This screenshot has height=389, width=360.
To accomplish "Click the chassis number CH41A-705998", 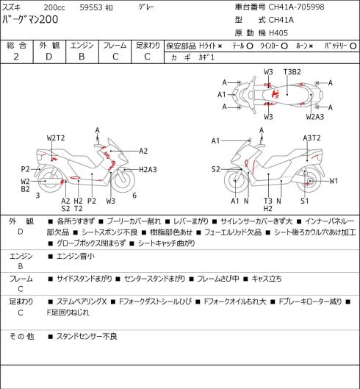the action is pyautogui.click(x=296, y=7).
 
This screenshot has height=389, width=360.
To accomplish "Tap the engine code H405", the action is pyautogui.click(x=278, y=33).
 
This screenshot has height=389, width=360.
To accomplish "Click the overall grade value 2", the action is pyautogui.click(x=16, y=57).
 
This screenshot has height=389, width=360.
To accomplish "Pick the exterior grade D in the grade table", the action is pyautogui.click(x=48, y=57).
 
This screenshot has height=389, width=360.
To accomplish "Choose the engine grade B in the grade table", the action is pyautogui.click(x=82, y=57).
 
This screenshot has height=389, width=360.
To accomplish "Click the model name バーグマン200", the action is pyautogui.click(x=30, y=20).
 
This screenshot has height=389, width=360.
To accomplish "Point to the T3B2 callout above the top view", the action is pyautogui.click(x=292, y=72).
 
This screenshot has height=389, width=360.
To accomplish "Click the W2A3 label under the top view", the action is pyautogui.click(x=315, y=117).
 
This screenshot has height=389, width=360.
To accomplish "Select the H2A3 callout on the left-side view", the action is pyautogui.click(x=148, y=170).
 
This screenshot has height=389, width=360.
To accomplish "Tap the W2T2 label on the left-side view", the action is pyautogui.click(x=56, y=138).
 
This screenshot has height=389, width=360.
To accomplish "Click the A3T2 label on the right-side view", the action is pyautogui.click(x=312, y=138).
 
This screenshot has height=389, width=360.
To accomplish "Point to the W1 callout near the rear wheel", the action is pyautogui.click(x=334, y=181).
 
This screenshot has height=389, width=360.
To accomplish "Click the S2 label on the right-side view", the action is pyautogui.click(x=216, y=169).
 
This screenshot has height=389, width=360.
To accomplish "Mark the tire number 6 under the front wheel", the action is pyautogui.click(x=134, y=196).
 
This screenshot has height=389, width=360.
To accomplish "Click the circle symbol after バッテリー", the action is pyautogui.click(x=353, y=46).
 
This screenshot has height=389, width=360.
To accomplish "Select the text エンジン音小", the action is pyautogui.click(x=76, y=256).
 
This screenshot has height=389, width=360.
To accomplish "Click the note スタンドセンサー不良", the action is pyautogui.click(x=87, y=336).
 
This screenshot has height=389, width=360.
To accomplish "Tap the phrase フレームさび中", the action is pyautogui.click(x=218, y=279).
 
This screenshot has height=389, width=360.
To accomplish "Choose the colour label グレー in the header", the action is pyautogui.click(x=146, y=7).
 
